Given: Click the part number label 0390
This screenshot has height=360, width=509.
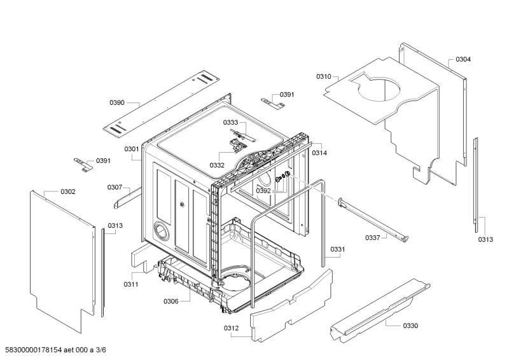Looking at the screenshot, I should click(116, 102).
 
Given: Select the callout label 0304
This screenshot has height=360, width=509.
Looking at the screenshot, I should click(463, 59).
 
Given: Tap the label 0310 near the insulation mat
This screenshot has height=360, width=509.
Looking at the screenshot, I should click(324, 76).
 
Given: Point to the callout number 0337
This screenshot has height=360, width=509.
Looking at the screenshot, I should click(373, 237).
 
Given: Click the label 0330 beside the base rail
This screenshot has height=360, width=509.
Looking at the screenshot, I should click(410, 325).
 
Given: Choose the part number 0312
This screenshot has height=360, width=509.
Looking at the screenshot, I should click(232, 328).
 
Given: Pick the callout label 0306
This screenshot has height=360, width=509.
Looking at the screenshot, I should click(171, 301).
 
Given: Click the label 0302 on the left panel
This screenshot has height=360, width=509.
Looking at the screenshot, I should click(68, 191).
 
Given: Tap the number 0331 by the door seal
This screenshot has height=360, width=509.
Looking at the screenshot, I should click(338, 249).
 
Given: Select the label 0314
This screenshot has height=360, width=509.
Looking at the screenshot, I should click(320, 153).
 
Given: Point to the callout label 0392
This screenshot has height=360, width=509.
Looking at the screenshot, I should click(263, 190).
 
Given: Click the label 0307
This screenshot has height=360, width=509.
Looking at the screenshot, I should click(115, 187).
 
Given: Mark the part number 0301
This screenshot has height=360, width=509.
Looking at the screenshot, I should click(132, 149).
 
